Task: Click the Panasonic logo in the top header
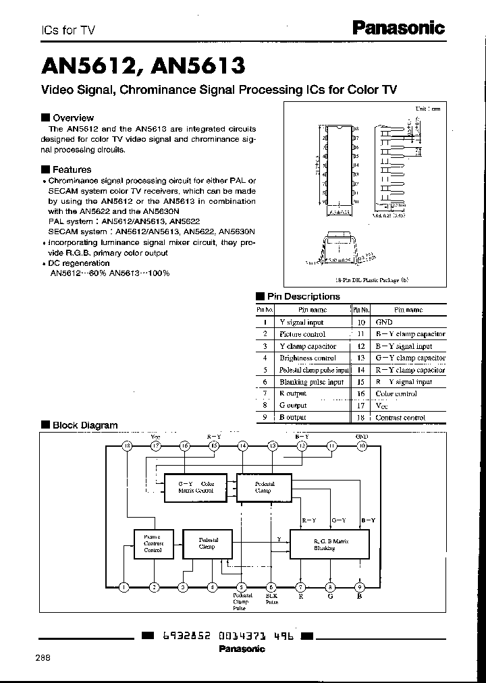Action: (399, 27)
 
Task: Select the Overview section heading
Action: (73, 117)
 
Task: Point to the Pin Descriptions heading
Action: (303, 296)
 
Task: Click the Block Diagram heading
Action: (84, 425)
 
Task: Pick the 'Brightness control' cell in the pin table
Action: (307, 358)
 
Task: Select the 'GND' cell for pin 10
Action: (383, 322)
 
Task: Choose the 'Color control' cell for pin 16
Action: (396, 393)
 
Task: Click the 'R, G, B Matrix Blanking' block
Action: (329, 543)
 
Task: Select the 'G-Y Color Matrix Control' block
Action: (196, 487)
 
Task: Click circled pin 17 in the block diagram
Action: (155, 445)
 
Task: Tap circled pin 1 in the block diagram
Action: (124, 587)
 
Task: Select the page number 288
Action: (43, 657)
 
